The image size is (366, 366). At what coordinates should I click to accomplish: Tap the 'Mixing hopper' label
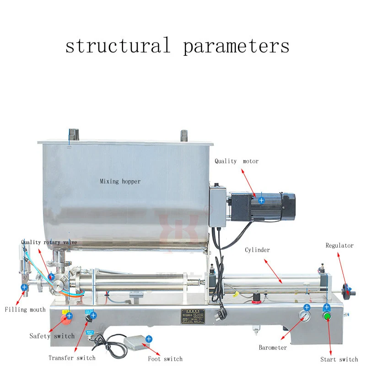120,181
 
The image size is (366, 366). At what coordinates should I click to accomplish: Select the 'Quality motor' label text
237,161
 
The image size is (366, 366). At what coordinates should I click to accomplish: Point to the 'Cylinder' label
257,250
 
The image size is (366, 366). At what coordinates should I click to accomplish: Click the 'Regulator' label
339,246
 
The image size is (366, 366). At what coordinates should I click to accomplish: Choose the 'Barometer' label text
273,348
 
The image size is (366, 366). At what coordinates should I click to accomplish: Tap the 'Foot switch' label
166,359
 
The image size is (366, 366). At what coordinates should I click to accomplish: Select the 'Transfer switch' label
72,358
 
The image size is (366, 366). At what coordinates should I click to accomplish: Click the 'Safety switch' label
52,336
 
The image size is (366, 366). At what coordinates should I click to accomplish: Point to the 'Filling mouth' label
25,310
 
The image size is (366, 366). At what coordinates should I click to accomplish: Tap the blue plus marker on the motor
261,200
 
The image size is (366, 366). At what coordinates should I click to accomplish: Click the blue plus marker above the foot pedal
149,339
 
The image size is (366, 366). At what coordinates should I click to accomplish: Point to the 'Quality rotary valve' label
49,242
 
